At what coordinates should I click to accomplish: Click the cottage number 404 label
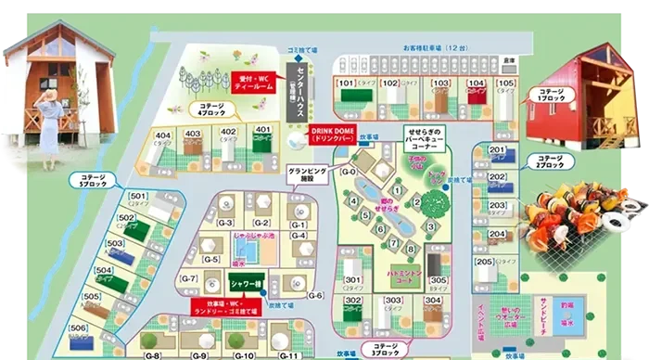point(163,133)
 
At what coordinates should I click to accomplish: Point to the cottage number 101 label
point(347,84)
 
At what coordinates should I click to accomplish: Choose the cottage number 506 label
point(78,328)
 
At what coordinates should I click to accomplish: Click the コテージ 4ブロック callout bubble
point(211,111)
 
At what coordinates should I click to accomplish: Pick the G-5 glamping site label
point(210,259)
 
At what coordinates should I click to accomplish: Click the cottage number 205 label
point(484,262)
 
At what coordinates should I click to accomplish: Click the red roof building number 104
point(477,84)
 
